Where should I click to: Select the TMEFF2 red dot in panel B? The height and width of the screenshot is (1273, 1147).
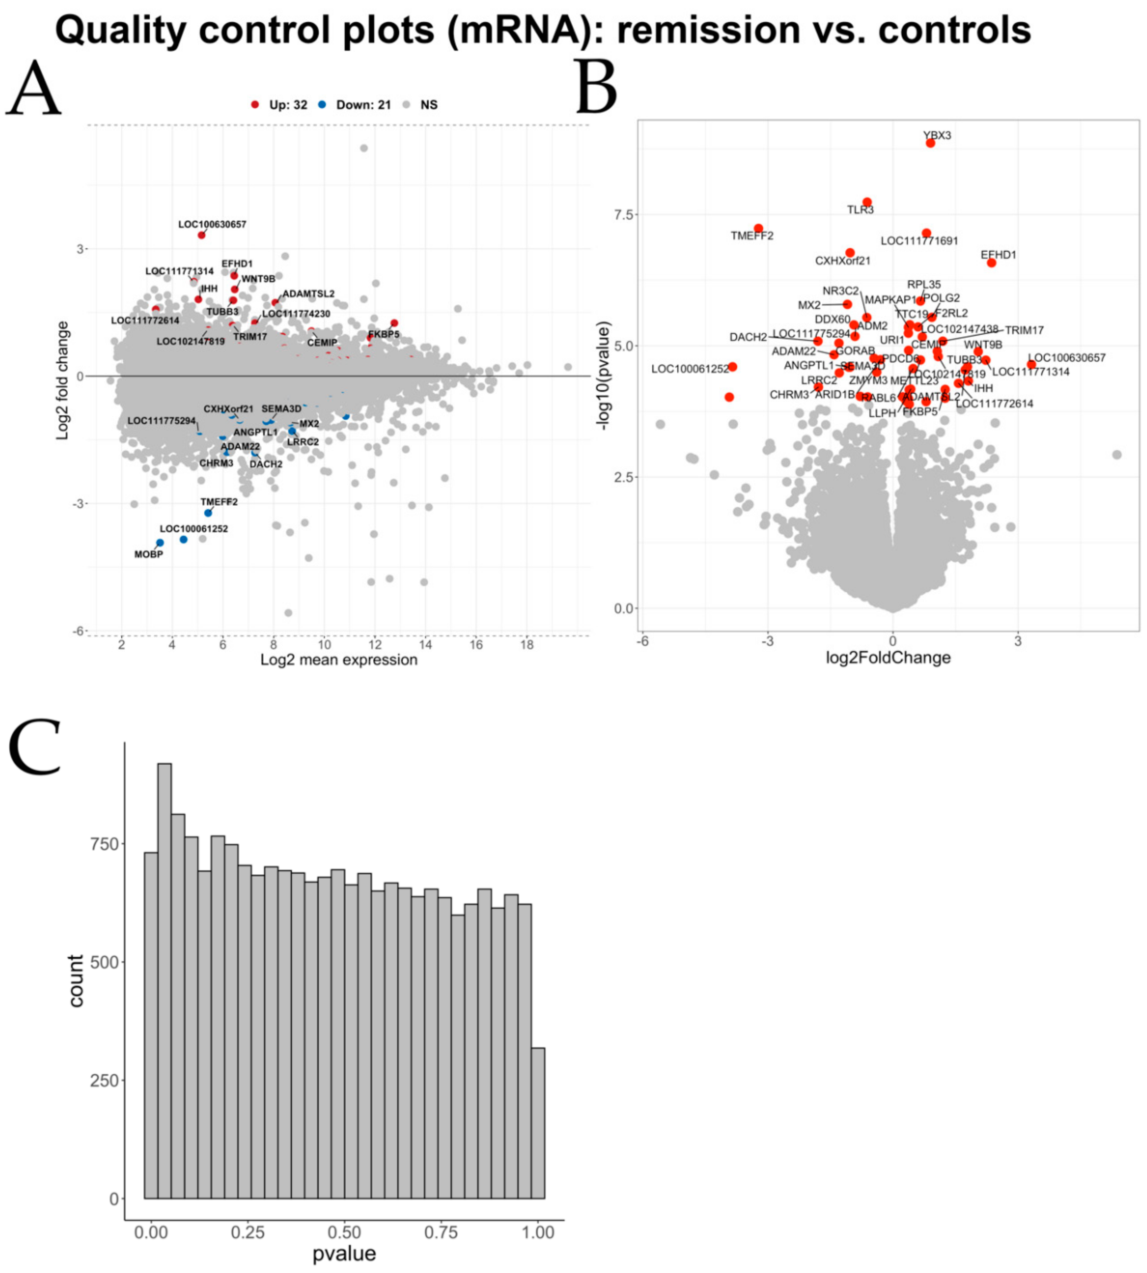[758, 229]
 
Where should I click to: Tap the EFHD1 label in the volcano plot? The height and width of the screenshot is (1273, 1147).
[998, 255]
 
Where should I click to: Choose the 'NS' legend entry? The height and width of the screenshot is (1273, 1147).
[421, 105]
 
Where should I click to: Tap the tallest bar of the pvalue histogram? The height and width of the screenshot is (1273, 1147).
[164, 981]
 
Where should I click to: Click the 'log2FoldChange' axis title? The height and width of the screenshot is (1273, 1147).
[888, 658]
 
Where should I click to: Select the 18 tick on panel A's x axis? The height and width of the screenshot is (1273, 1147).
[527, 645]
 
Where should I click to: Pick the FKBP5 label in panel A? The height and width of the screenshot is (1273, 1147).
[384, 334]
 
